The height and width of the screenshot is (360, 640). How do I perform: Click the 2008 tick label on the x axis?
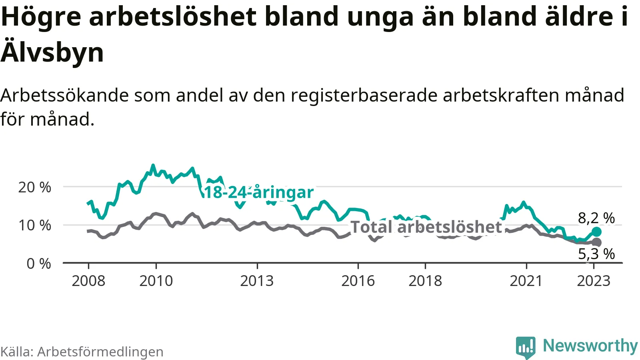pyautogui.click(x=88, y=281)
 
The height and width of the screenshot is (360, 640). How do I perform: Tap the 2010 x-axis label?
pyautogui.click(x=156, y=281)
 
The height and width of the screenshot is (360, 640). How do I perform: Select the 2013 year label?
pyautogui.click(x=257, y=281)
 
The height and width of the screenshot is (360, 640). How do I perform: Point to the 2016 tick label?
pyautogui.click(x=358, y=281)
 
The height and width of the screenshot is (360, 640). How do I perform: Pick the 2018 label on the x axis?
pyautogui.click(x=425, y=281)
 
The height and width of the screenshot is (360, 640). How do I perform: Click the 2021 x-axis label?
pyautogui.click(x=526, y=281)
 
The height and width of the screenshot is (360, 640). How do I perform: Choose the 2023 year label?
pyautogui.click(x=594, y=281)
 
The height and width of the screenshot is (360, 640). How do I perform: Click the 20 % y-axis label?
pyautogui.click(x=35, y=187)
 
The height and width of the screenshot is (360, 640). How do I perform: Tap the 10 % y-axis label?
pyautogui.click(x=35, y=225)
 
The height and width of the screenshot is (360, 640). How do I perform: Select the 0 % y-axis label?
pyautogui.click(x=39, y=264)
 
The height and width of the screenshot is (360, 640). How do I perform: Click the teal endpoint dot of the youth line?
pyautogui.click(x=596, y=232)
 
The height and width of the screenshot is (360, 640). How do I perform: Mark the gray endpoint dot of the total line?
pyautogui.click(x=596, y=242)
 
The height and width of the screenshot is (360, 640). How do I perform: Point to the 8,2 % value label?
pyautogui.click(x=596, y=218)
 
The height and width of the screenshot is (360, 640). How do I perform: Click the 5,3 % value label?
pyautogui.click(x=596, y=254)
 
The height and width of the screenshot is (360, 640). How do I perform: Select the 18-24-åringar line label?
pyautogui.click(x=259, y=192)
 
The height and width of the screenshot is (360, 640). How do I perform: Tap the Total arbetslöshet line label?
pyautogui.click(x=426, y=227)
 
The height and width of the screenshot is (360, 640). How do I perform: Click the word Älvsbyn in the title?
pyautogui.click(x=52, y=52)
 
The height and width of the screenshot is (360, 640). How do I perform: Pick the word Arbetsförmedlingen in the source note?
pyautogui.click(x=100, y=352)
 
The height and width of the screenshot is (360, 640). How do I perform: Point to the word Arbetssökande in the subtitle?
pyautogui.click(x=65, y=96)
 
